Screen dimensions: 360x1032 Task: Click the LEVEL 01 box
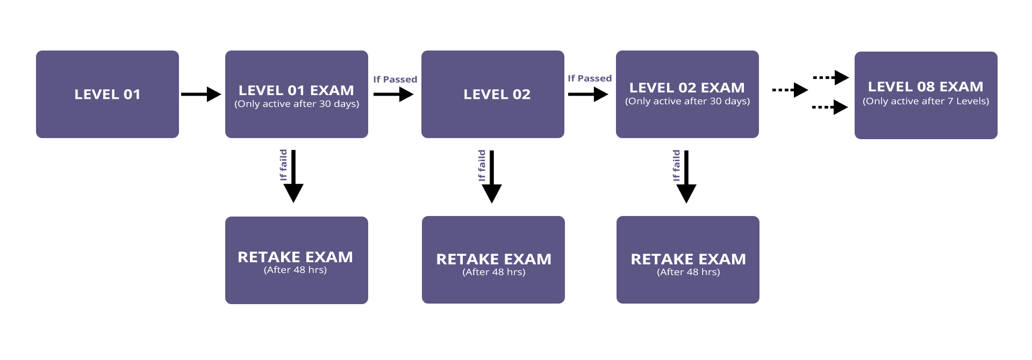107,95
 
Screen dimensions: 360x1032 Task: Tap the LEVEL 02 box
493,95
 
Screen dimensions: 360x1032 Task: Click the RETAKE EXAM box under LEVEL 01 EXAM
297,261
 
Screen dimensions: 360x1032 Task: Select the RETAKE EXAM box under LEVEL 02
493,260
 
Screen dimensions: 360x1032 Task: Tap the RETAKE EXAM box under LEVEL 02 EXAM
688,260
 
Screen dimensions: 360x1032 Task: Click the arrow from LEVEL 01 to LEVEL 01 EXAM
201,95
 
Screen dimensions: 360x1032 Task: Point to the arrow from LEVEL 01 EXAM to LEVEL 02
393,95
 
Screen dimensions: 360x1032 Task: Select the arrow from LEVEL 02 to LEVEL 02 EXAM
588,95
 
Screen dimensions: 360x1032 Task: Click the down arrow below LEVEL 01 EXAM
293,176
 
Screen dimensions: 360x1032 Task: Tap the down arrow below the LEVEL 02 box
492,176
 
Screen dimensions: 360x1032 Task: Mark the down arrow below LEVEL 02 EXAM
686,176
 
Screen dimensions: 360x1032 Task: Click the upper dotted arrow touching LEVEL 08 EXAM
830,78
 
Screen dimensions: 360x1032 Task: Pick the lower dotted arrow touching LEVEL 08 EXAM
830,107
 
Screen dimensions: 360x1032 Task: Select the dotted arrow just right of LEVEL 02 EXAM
790,90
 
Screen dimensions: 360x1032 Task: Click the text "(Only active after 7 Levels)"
926,101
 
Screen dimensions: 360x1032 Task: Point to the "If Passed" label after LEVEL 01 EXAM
395,80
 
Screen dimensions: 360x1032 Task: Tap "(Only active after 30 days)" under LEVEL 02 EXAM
687,101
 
